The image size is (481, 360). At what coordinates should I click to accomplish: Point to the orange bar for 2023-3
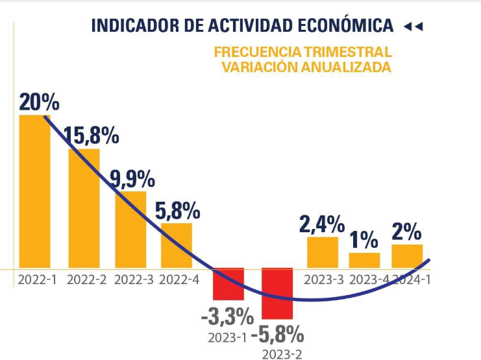[x=323, y=252]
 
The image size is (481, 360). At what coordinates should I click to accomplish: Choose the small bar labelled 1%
[x=364, y=260]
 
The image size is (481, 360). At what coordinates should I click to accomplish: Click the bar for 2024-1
[x=407, y=256]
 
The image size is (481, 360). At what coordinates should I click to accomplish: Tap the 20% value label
[x=39, y=102]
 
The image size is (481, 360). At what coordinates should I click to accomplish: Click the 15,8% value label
[x=91, y=136]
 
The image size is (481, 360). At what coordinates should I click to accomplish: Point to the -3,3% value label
[x=227, y=318]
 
